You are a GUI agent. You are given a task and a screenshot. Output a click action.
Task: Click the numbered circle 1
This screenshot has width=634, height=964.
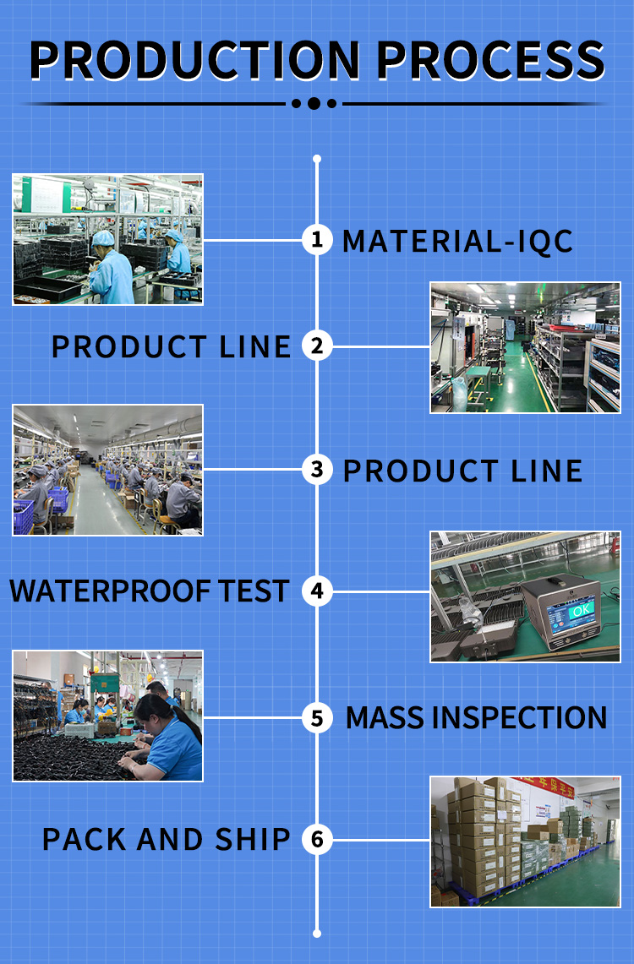pos(317,240)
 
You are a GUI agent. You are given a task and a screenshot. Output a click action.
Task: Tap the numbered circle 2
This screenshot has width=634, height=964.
pos(317,346)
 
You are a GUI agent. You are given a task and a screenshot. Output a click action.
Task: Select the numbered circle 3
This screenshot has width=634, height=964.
pos(317,470)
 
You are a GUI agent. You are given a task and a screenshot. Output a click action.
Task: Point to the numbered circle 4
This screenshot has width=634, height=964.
pos(317,591)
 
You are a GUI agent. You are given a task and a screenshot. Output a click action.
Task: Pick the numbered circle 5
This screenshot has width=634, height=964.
pos(317,717)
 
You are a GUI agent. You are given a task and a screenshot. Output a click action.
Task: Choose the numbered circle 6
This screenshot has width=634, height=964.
pos(317,839)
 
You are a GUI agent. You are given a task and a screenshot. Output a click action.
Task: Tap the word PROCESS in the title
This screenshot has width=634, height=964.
pos(491,60)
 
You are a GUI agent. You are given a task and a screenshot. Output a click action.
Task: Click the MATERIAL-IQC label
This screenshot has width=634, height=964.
pos(457,241)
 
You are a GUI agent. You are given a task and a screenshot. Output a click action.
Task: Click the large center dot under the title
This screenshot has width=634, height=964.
pos(314,103)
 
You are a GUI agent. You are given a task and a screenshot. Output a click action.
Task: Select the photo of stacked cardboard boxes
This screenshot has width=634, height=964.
pos(525,841)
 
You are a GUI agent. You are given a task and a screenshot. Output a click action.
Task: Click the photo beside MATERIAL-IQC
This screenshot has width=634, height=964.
pos(107,239)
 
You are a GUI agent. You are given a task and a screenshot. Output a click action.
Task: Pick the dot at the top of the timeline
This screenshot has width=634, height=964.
pos(317,159)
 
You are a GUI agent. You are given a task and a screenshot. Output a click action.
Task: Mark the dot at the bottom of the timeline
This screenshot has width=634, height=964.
pos(317,934)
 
